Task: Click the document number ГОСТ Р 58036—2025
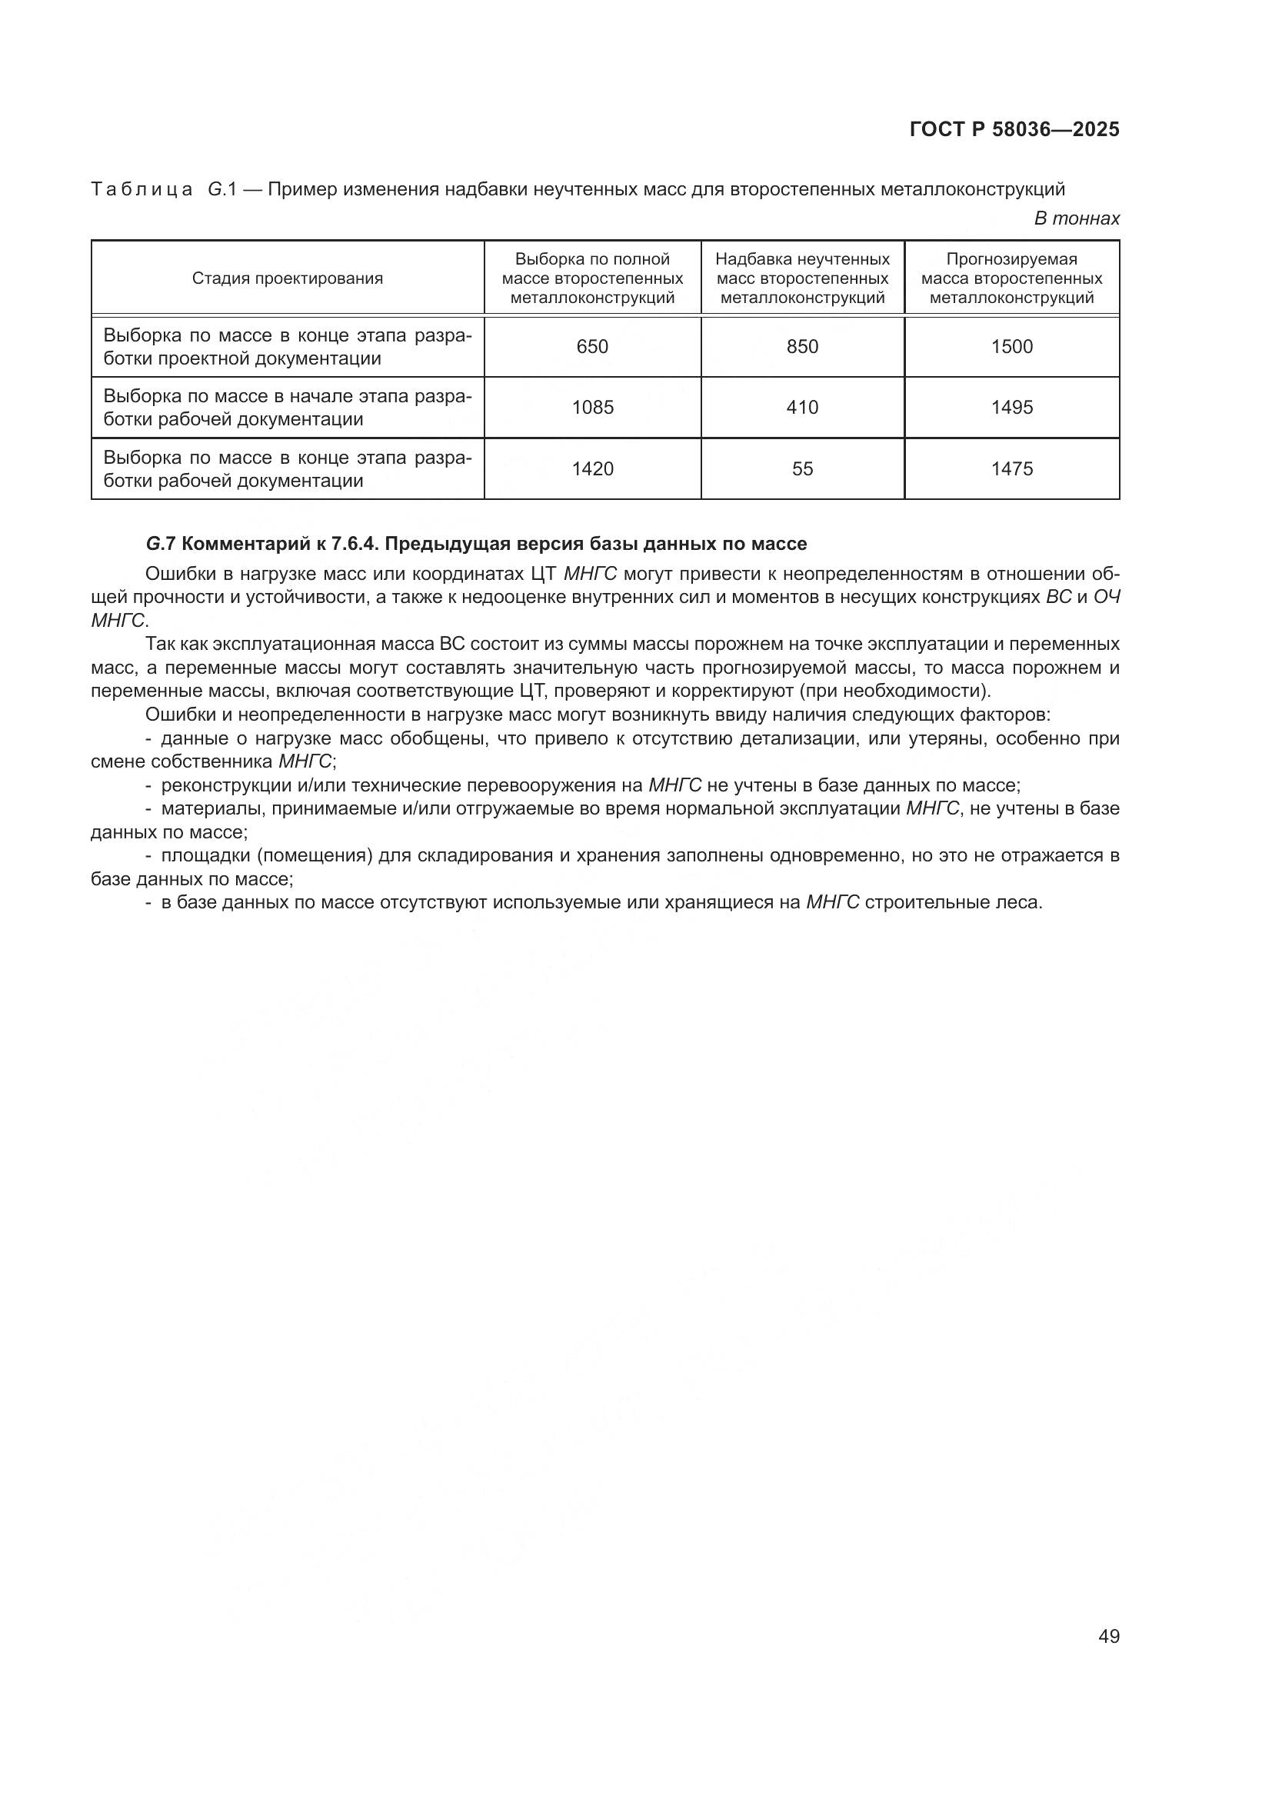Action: tap(1014, 129)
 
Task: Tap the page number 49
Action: tap(1108, 1636)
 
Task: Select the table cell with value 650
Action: tap(592, 346)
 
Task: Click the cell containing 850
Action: tap(802, 346)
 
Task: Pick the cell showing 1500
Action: tap(1011, 346)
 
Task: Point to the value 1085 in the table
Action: tap(592, 408)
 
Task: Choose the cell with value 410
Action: tap(802, 408)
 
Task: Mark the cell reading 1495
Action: tap(1011, 408)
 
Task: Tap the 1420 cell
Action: tap(592, 468)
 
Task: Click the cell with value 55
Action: tap(802, 468)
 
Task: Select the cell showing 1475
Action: tap(1011, 468)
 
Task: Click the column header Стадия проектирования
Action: tap(288, 278)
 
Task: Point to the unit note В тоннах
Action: tap(1076, 218)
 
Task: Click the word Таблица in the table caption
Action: tap(142, 190)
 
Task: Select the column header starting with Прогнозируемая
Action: tap(1011, 278)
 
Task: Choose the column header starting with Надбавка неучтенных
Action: tap(802, 278)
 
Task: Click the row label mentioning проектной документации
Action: tap(287, 347)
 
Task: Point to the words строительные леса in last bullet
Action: tap(953, 902)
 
